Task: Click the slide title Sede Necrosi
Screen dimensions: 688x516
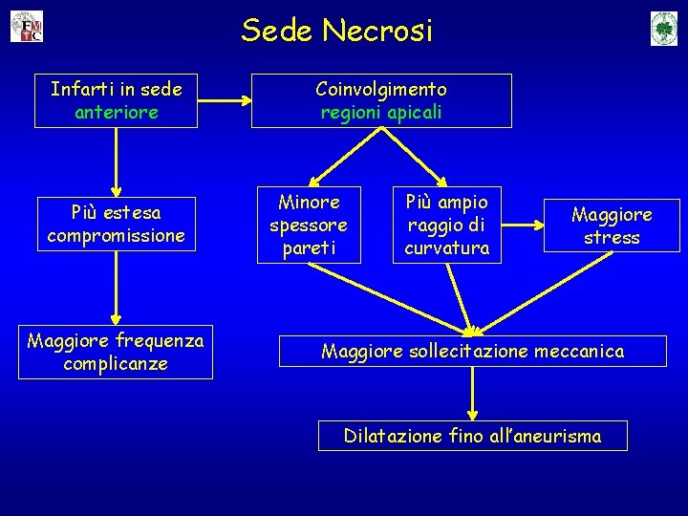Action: pos(336,31)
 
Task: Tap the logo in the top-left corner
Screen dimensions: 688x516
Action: pos(27,27)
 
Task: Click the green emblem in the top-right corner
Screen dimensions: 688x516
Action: pos(663,28)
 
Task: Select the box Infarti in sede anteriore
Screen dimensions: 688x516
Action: pos(117,100)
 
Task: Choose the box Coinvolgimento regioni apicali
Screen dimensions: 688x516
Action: pos(381,100)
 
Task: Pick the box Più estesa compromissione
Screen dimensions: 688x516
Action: pos(116,223)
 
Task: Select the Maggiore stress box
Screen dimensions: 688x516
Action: pos(612,226)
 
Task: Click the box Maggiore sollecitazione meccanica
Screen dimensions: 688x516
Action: pos(472,352)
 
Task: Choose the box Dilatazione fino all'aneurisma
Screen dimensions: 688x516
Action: pos(473,436)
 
